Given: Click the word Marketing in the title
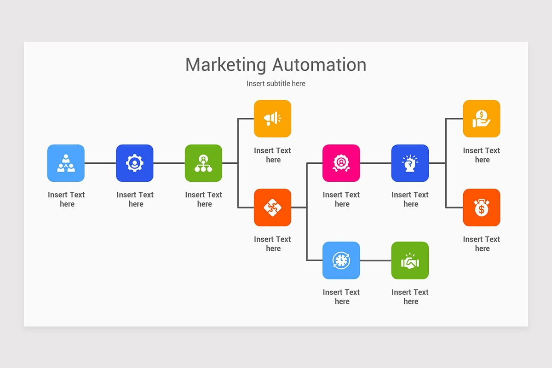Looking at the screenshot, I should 225,65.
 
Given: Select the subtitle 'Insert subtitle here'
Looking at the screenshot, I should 276,83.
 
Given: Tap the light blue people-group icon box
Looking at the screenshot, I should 66,163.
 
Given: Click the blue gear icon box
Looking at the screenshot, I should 134,163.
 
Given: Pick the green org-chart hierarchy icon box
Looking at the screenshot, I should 203,163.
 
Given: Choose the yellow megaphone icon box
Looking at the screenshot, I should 272,119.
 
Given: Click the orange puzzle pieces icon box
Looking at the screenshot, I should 272,207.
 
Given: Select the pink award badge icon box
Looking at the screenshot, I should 341,163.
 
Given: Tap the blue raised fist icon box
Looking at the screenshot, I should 410,163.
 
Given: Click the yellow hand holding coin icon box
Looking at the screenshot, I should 481,119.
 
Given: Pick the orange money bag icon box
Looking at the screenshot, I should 481,207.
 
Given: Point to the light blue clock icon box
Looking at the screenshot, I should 341,260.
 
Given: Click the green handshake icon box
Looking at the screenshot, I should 410,260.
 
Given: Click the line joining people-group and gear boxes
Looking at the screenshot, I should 100,163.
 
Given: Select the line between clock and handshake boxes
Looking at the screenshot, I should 375,260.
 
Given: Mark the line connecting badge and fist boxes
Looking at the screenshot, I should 375,163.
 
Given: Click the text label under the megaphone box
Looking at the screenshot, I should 272,155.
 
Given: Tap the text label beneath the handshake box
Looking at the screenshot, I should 410,297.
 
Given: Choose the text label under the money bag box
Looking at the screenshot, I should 481,244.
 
